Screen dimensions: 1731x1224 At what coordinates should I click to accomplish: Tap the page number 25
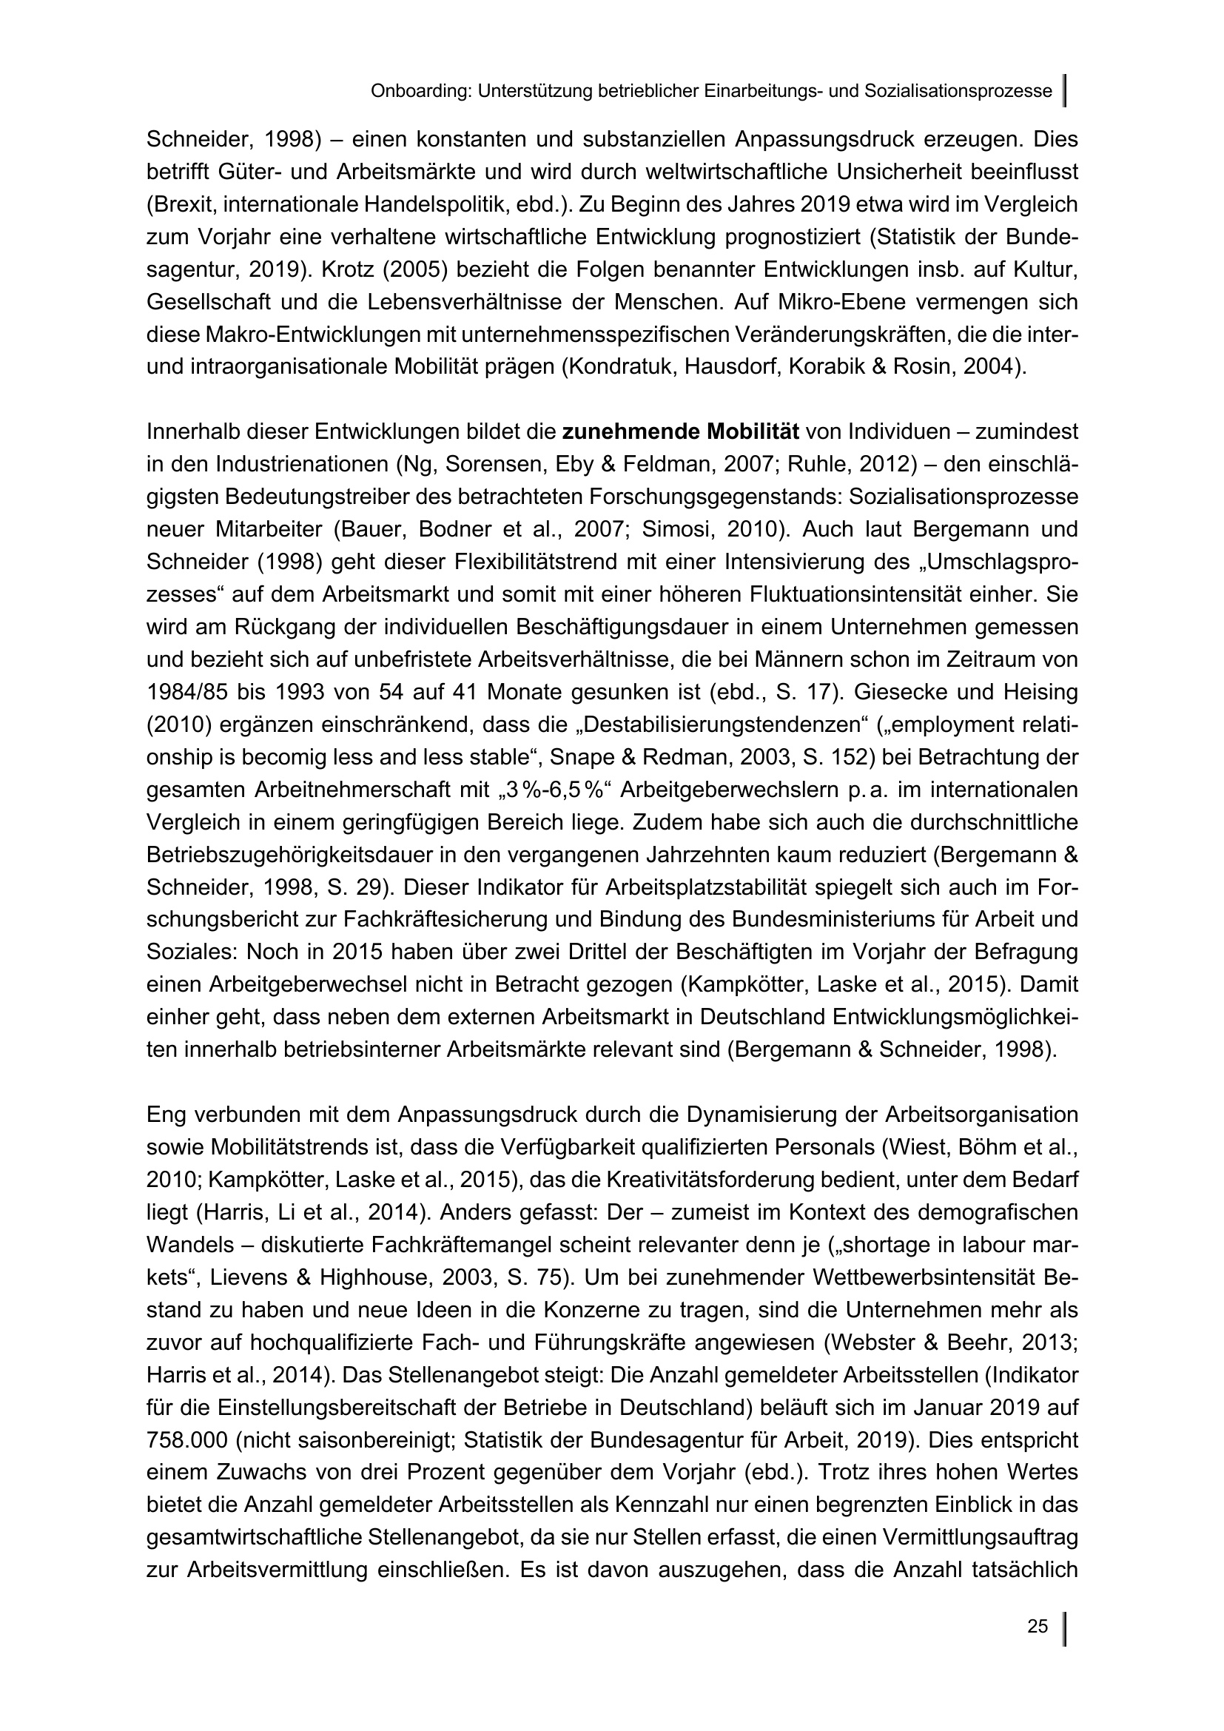point(1037,1627)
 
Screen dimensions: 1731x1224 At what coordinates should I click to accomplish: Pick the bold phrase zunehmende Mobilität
point(681,433)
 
